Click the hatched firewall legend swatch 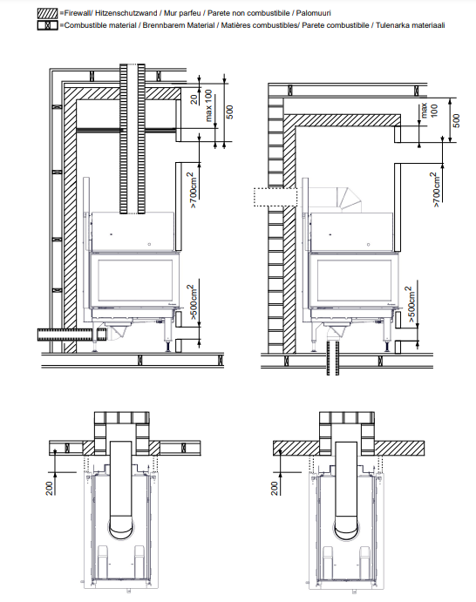pos(48,13)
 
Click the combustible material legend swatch pos(48,25)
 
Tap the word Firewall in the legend pos(77,13)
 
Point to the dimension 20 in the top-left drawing pos(194,99)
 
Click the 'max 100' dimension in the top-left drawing pos(208,105)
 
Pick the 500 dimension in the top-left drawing pos(229,112)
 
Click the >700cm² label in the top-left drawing pos(194,191)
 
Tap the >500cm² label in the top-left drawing pos(194,302)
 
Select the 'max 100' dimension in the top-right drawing pos(429,110)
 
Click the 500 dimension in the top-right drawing pos(456,120)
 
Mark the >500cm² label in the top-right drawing pos(411,304)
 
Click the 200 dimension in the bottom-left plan pos(50,489)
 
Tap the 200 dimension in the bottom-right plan pos(275,489)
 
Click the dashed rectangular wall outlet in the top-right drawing pos(275,197)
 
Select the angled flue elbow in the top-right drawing pos(348,199)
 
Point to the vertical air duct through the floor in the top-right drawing pos(333,358)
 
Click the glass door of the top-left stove pos(134,280)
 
